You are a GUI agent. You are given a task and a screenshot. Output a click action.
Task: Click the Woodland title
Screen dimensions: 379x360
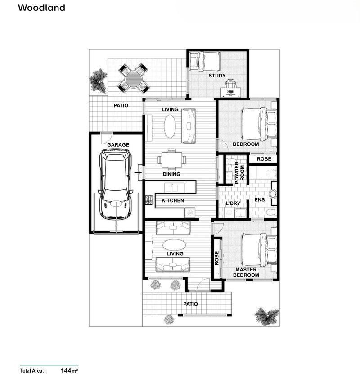coord(41,8)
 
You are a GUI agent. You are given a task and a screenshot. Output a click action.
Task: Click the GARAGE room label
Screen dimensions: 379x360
coord(118,145)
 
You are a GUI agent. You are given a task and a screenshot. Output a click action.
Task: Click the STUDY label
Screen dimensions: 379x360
coord(216,76)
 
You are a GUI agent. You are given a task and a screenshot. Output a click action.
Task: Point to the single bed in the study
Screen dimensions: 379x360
coord(204,61)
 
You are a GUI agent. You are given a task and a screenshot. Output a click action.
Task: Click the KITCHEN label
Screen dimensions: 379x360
coord(173,200)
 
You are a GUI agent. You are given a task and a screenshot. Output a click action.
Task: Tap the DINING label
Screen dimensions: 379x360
coord(171,174)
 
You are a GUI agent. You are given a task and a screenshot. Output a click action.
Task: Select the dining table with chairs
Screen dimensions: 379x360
coord(171,158)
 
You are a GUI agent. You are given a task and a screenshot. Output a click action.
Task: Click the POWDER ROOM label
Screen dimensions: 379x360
coord(239,171)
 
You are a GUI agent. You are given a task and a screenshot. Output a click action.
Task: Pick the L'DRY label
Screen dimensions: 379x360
coord(233,203)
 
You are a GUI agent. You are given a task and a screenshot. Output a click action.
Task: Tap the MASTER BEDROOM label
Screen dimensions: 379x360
coord(246,272)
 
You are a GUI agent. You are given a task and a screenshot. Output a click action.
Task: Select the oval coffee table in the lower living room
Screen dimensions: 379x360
coord(173,244)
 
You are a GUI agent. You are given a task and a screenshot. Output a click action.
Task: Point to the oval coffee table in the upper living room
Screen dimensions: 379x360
coord(170,126)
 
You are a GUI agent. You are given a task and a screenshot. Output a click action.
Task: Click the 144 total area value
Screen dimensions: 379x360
coord(67,371)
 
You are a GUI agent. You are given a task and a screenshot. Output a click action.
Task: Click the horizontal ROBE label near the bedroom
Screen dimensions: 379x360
coord(263,159)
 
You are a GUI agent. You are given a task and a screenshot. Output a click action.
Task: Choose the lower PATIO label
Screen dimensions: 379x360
coord(190,304)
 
